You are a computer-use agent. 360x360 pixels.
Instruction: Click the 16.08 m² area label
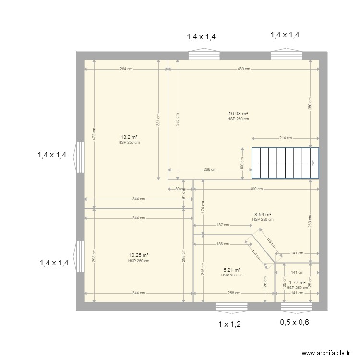tap(238, 114)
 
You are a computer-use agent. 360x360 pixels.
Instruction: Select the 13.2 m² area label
tap(129, 137)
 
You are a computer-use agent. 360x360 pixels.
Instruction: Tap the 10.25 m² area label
tap(138, 256)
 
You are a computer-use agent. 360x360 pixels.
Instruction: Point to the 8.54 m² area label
tap(263, 215)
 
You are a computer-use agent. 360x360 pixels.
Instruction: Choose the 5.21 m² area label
tap(231, 270)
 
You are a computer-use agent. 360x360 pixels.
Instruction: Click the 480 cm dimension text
tap(243, 69)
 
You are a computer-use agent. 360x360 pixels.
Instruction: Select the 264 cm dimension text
tap(126, 69)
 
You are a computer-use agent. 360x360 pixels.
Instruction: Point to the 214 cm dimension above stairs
tap(286, 138)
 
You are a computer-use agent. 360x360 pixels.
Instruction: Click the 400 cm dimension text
tap(256, 189)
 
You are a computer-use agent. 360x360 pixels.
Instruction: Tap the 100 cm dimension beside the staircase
tap(242, 163)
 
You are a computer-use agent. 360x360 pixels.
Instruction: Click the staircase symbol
tap(286, 163)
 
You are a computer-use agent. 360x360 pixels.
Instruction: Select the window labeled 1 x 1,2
tap(231, 306)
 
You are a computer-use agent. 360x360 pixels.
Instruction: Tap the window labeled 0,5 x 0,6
tap(297, 306)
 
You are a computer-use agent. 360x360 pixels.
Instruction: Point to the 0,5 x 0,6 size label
tap(294, 323)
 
